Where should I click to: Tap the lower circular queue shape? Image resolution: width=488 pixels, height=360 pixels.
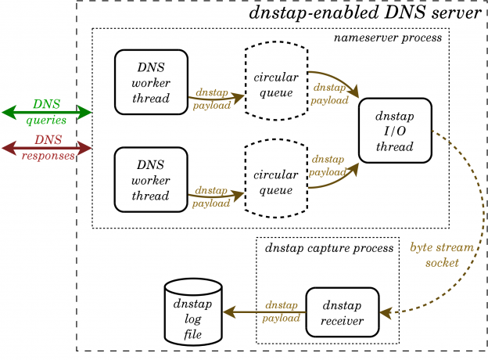(274, 179)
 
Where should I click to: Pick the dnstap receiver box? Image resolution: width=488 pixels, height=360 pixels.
(342, 314)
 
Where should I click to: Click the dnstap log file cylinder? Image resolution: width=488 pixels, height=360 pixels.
(193, 313)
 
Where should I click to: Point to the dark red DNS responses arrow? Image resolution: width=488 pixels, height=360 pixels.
(46, 147)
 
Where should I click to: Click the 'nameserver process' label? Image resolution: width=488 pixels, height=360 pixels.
(388, 38)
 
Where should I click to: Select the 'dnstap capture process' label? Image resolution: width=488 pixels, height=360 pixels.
(328, 248)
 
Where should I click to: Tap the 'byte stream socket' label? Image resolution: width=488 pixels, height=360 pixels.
(442, 255)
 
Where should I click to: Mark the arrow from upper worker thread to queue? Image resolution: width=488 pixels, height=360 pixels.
(215, 99)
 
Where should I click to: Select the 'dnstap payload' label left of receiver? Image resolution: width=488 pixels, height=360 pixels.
(281, 312)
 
